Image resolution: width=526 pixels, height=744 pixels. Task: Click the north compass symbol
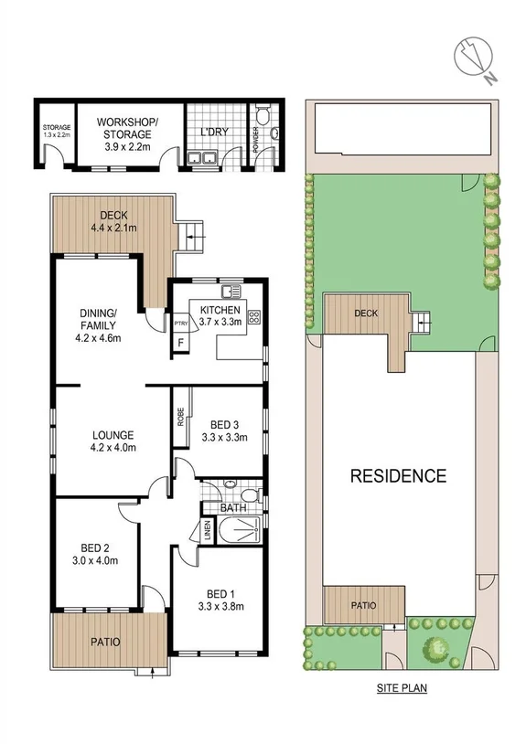click(x=475, y=58)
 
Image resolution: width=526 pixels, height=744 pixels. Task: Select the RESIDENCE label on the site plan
click(x=398, y=475)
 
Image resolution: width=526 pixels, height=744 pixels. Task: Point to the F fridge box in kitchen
click(x=180, y=344)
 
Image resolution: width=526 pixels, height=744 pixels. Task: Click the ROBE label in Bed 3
click(x=181, y=416)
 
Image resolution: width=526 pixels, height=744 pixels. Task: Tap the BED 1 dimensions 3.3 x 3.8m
click(x=220, y=605)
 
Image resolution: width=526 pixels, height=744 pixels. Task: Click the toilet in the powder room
click(x=262, y=116)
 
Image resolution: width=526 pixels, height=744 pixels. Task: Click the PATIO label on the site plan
click(x=363, y=604)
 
